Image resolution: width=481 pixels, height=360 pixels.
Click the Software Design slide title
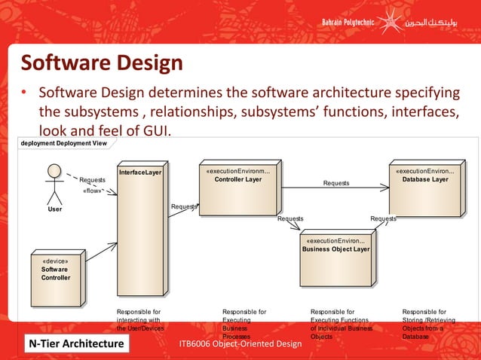[101, 63]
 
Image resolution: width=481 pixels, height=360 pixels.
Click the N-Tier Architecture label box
[76, 344]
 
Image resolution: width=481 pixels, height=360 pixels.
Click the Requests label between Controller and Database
[336, 183]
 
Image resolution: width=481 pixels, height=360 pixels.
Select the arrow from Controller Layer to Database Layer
[335, 188]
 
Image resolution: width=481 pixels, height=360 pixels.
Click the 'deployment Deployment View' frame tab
[63, 143]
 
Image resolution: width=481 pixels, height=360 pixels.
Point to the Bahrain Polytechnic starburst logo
[389, 20]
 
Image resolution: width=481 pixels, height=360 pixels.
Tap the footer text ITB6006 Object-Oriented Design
[240, 344]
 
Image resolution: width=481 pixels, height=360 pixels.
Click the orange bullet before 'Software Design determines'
[24, 93]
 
